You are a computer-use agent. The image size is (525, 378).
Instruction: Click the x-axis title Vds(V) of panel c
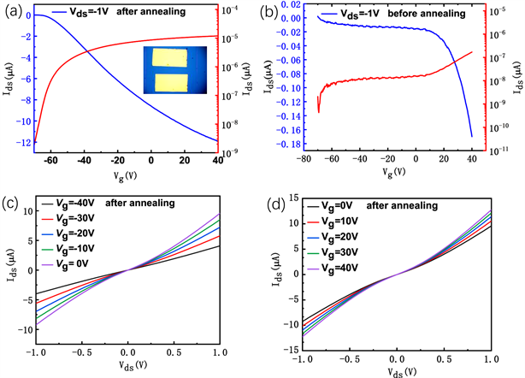pos(127,369)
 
